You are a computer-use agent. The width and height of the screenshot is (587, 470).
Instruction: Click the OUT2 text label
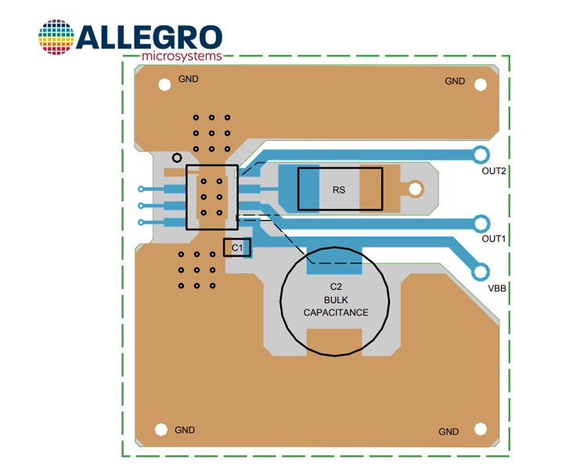[x=494, y=171]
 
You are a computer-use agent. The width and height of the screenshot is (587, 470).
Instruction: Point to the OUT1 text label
[x=493, y=239]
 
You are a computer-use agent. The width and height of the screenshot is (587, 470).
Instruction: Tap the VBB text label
[x=497, y=288]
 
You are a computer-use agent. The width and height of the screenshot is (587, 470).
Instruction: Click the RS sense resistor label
[x=339, y=190]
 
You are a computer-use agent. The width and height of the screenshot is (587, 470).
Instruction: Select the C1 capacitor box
[x=237, y=248]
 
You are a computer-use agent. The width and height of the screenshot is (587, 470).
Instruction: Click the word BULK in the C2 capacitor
[x=336, y=300]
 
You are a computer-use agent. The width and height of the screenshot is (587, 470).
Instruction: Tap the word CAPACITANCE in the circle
[x=336, y=313]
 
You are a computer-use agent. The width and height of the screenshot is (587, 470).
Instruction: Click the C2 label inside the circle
[x=336, y=287]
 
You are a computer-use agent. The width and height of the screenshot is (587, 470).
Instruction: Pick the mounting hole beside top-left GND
[x=164, y=85]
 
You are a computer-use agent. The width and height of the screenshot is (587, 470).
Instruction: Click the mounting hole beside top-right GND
[x=481, y=85]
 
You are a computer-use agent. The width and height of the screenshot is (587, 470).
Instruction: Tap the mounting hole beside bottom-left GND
[x=161, y=429]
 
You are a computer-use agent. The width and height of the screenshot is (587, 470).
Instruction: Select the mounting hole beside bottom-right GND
[x=481, y=429]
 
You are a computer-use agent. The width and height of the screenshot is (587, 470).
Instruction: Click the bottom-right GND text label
[x=448, y=432]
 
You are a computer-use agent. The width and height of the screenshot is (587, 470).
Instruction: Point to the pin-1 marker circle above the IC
[x=177, y=157]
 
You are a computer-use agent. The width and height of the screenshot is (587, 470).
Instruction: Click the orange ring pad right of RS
[x=415, y=189]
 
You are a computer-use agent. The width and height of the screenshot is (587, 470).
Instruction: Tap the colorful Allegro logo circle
[x=56, y=37]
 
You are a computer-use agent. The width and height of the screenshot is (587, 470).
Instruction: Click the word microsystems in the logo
[x=182, y=56]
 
